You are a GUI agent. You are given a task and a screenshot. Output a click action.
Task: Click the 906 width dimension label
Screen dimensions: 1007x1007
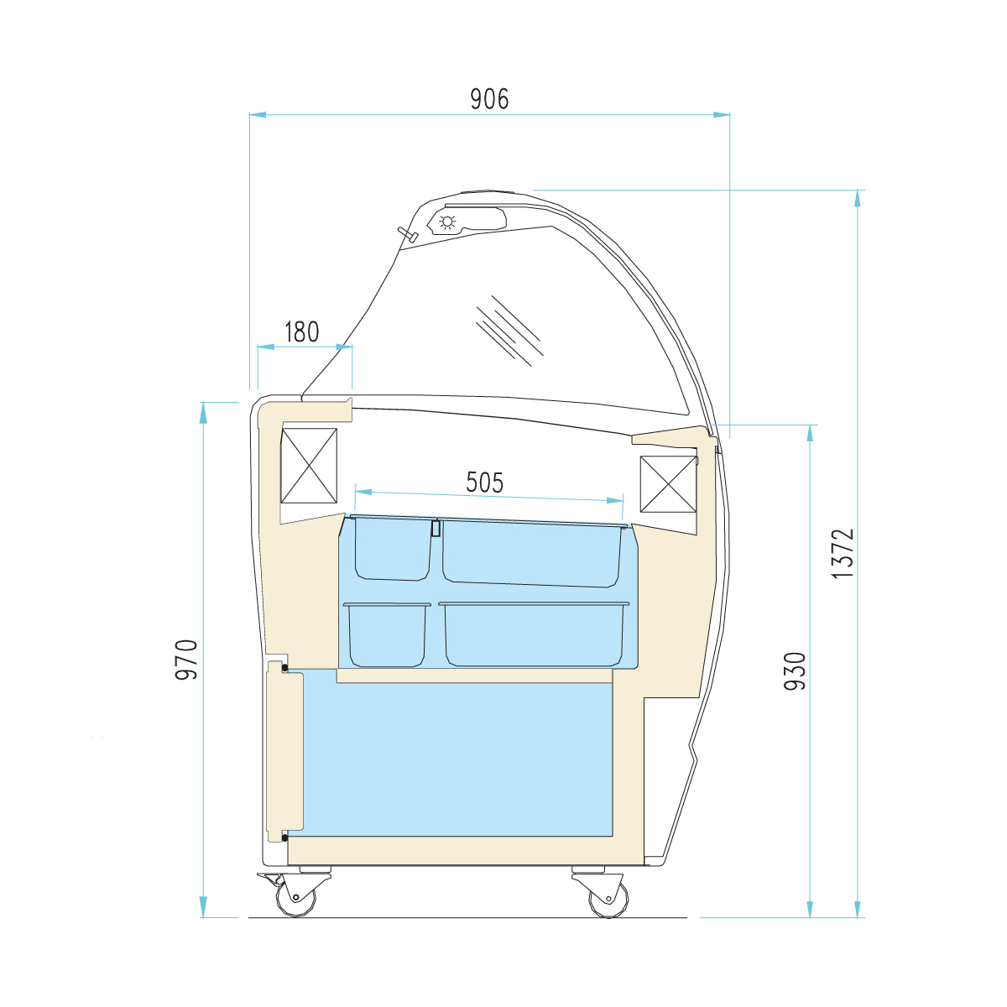click(x=489, y=99)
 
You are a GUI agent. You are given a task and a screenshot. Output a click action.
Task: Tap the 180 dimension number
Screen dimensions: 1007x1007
click(x=302, y=331)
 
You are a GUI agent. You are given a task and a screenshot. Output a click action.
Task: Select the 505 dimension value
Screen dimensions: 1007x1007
click(x=484, y=483)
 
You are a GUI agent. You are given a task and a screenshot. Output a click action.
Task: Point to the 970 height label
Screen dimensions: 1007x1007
click(x=186, y=659)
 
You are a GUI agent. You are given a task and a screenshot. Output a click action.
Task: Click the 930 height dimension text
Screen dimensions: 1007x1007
click(x=795, y=671)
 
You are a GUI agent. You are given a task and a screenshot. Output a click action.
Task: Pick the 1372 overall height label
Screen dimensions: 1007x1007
click(x=843, y=553)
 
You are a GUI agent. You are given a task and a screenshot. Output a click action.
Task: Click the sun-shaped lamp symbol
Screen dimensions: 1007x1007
click(x=447, y=222)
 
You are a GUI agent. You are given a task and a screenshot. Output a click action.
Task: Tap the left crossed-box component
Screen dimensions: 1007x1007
click(x=309, y=466)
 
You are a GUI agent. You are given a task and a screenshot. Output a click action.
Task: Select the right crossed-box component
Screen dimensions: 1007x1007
click(x=668, y=484)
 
